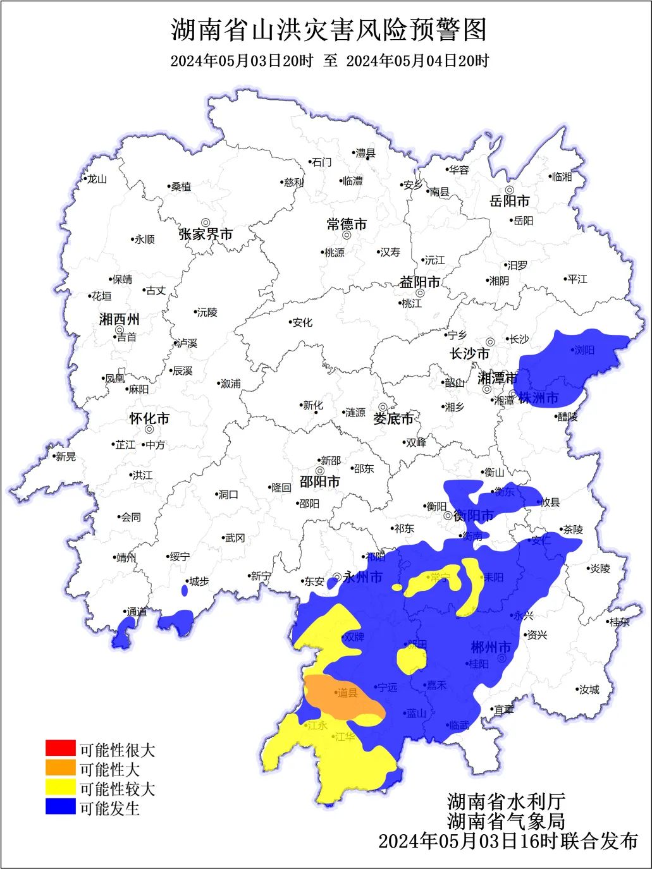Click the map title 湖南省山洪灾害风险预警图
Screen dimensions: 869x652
(329, 30)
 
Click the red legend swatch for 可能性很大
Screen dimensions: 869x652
(61, 749)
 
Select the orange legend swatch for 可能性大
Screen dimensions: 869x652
(61, 769)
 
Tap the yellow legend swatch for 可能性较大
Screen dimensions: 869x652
(61, 788)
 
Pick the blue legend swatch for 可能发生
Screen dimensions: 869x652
(61, 807)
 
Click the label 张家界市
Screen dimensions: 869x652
(206, 234)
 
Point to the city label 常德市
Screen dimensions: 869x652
(347, 224)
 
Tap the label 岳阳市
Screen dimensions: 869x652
(510, 201)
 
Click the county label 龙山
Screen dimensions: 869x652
(97, 179)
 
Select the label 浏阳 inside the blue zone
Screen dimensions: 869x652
(584, 349)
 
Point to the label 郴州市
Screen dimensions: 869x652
(491, 647)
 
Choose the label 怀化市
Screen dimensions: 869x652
(149, 418)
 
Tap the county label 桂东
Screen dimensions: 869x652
(619, 622)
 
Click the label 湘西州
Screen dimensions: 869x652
(119, 319)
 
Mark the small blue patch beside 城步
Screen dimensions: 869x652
(185, 590)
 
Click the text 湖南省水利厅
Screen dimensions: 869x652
(506, 801)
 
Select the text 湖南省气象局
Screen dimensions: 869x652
(506, 821)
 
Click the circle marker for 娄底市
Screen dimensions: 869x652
(383, 408)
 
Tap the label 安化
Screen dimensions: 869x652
(302, 322)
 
